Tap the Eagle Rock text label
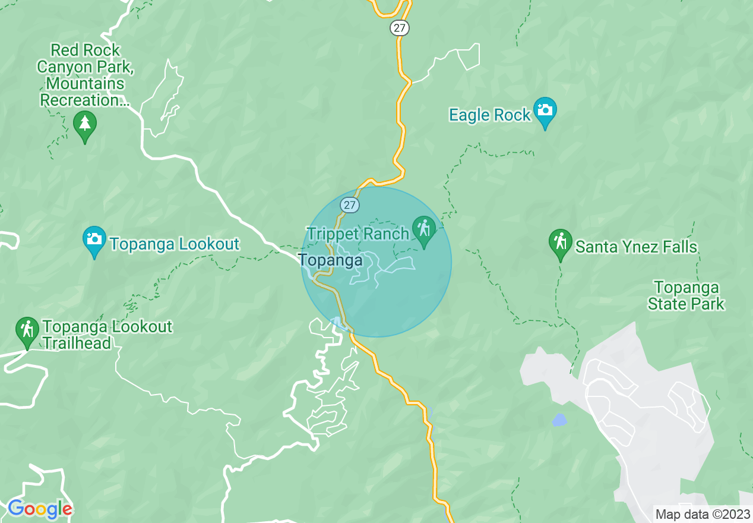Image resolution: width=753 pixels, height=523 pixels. tap(489, 115)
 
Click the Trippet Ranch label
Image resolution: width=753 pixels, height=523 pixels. tap(357, 234)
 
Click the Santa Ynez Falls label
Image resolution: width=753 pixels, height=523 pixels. tap(636, 247)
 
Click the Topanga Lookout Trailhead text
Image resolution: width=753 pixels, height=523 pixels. tap(107, 335)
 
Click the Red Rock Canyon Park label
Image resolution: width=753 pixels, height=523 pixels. tap(86, 75)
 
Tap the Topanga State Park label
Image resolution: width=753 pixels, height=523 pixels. tap(686, 296)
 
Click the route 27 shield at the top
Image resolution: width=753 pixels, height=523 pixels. tap(400, 27)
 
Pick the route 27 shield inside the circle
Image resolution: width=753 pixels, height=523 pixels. tap(350, 205)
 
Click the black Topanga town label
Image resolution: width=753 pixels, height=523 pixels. tap(330, 260)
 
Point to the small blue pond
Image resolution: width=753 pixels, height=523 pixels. tap(559, 420)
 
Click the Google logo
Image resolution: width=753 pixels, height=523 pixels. tap(40, 509)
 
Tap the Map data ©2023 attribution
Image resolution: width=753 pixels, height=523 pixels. tap(703, 514)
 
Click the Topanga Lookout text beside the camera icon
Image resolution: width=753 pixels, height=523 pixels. tap(174, 244)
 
